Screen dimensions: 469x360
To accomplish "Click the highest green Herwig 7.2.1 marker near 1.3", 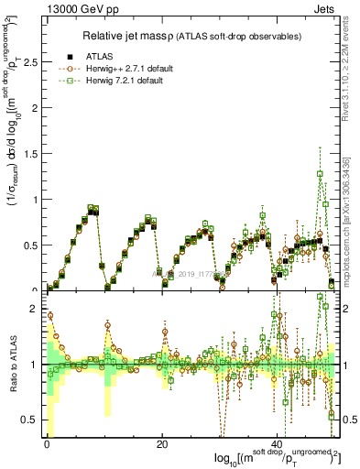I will click(x=320, y=173).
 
